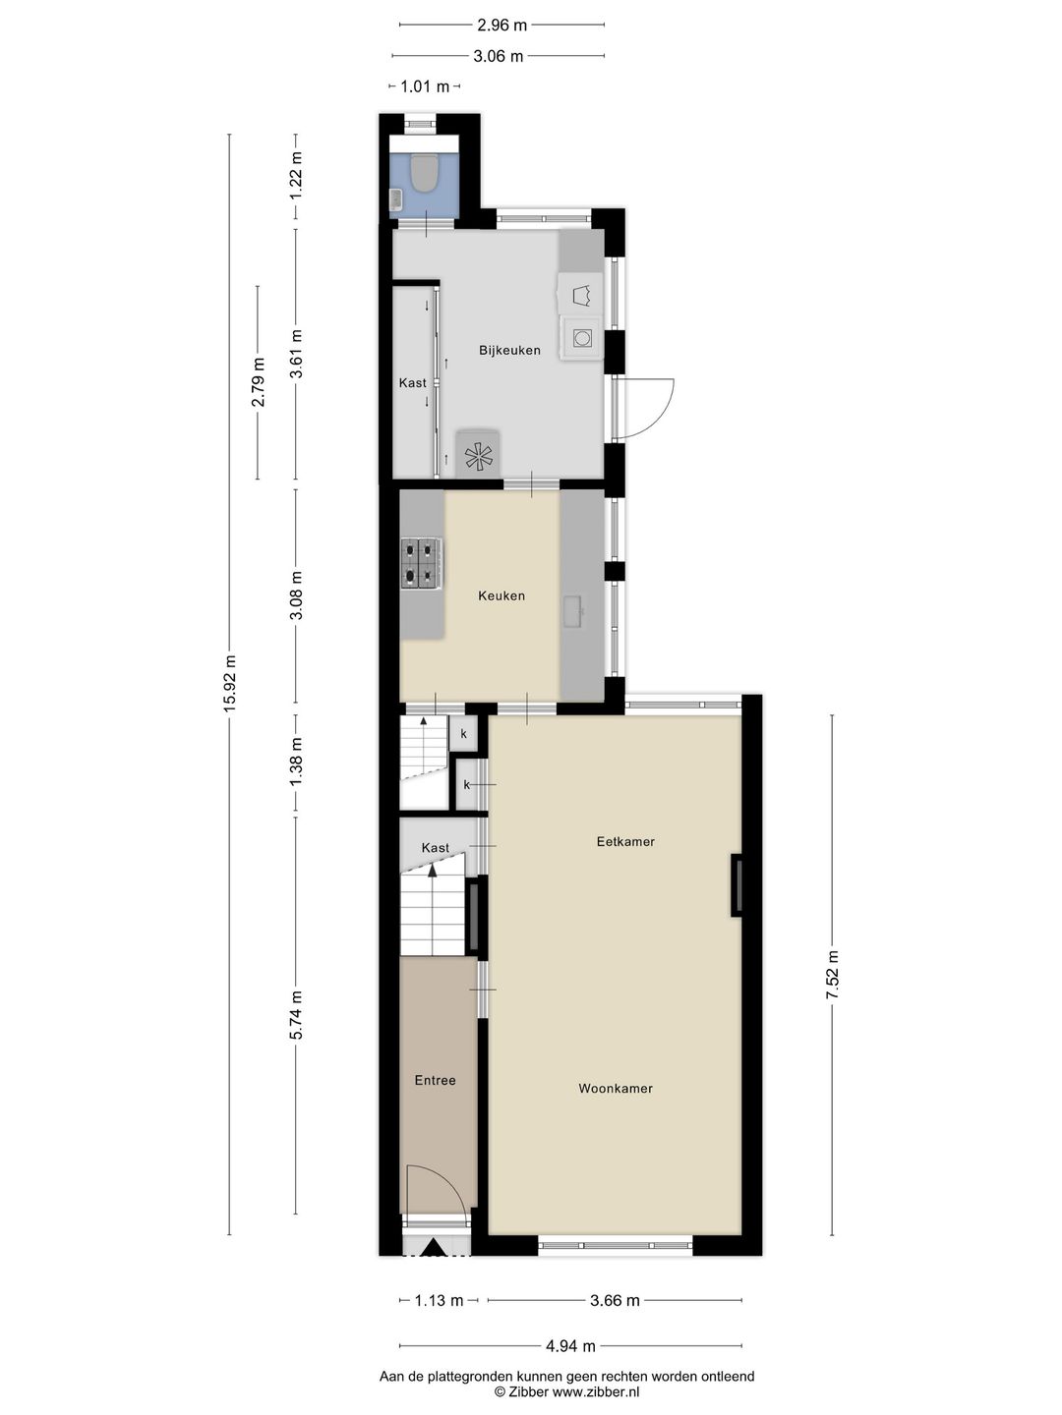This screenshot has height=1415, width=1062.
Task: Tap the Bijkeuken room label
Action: click(509, 350)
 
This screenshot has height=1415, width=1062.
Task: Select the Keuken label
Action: click(501, 595)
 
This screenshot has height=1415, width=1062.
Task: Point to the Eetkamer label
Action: click(625, 841)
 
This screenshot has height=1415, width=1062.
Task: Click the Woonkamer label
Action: click(616, 1088)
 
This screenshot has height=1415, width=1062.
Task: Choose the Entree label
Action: click(435, 1080)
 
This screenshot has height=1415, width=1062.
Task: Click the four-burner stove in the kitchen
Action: click(421, 563)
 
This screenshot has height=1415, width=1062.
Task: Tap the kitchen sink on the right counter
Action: click(573, 611)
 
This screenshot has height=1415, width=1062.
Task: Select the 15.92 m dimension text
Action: click(230, 683)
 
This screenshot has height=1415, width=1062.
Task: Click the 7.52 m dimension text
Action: click(833, 975)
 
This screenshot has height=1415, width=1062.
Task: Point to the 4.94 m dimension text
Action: click(570, 1346)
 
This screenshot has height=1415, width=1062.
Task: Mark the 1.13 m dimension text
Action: click(439, 1300)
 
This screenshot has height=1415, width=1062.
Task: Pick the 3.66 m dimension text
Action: click(615, 1300)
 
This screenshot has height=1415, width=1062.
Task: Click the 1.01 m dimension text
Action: click(425, 86)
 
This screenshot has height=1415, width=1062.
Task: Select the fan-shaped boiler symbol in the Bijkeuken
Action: click(479, 455)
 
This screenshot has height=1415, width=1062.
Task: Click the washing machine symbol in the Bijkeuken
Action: click(582, 338)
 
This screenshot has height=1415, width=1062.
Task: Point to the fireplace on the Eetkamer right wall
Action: click(736, 885)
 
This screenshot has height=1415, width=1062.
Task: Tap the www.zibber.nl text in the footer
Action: click(595, 1391)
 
